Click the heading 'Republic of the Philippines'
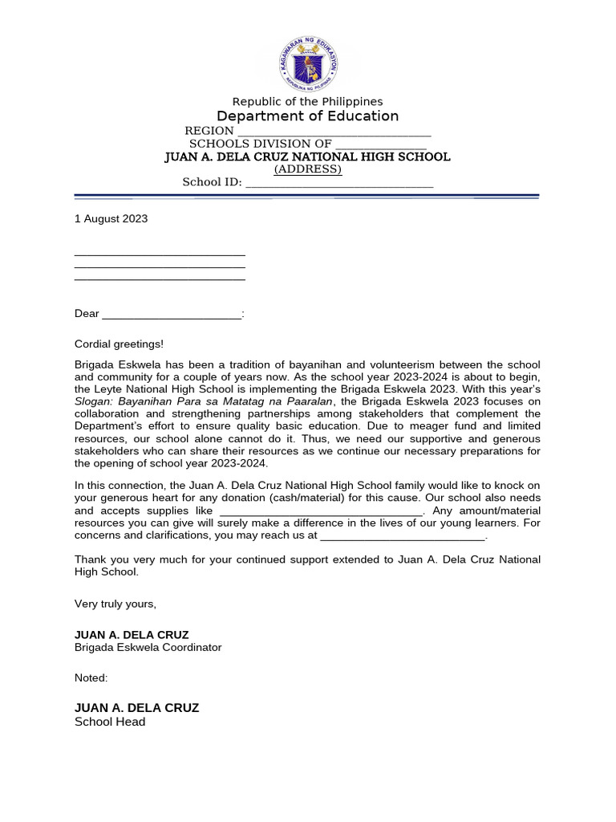pos(307,101)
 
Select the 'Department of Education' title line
pos(307,116)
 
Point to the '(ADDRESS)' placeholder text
pos(307,169)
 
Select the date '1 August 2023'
pos(111,218)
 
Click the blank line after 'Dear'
pos(171,315)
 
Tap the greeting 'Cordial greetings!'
pos(119,344)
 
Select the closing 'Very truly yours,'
pos(115,604)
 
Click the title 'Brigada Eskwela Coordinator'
pos(148,647)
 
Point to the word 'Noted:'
pos(91,678)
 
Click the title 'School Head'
pos(110,722)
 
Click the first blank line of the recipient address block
pos(159,254)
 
